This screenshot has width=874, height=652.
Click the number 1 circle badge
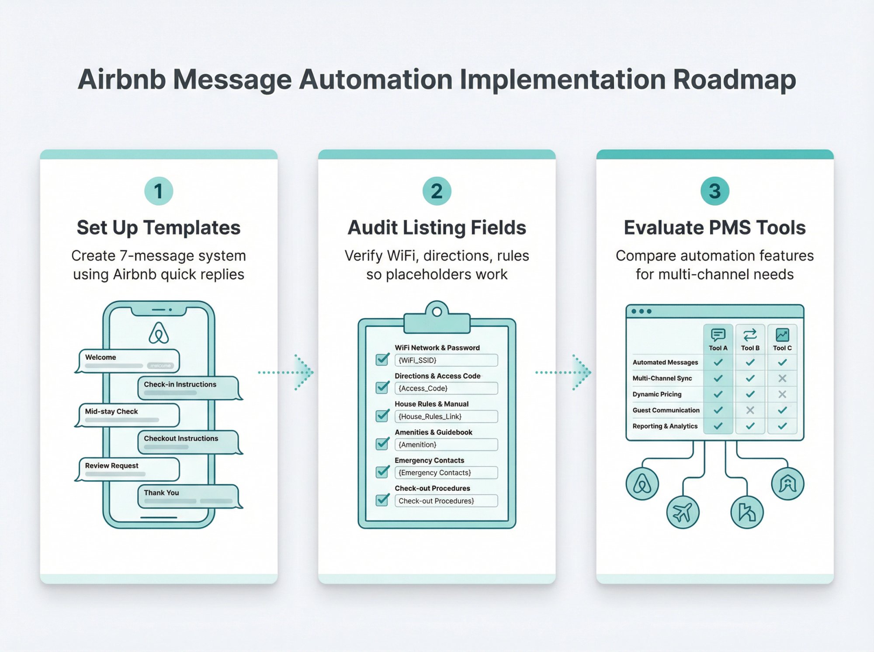click(159, 191)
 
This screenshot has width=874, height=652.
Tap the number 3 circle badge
click(714, 191)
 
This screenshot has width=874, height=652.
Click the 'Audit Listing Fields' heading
click(437, 228)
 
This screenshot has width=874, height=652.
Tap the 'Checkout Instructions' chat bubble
click(188, 442)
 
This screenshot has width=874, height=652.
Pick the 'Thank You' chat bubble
click(188, 496)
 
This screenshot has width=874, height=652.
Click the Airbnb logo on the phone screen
click(159, 333)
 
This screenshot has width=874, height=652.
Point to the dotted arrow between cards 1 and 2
click(286, 373)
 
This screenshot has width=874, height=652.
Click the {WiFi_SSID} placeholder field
click(446, 360)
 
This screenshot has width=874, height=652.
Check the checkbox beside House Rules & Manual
click(382, 415)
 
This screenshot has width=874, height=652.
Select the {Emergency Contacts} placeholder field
click(446, 473)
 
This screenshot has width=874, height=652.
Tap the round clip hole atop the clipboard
click(437, 312)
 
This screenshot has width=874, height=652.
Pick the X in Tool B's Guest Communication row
click(750, 410)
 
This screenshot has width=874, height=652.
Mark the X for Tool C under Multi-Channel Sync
click(782, 378)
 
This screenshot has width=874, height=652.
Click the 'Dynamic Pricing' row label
click(657, 394)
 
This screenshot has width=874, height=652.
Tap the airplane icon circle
click(683, 512)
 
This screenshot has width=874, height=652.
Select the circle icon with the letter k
click(747, 512)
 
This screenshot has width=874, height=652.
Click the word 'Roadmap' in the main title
click(734, 79)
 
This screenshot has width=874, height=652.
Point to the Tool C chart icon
click(782, 335)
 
